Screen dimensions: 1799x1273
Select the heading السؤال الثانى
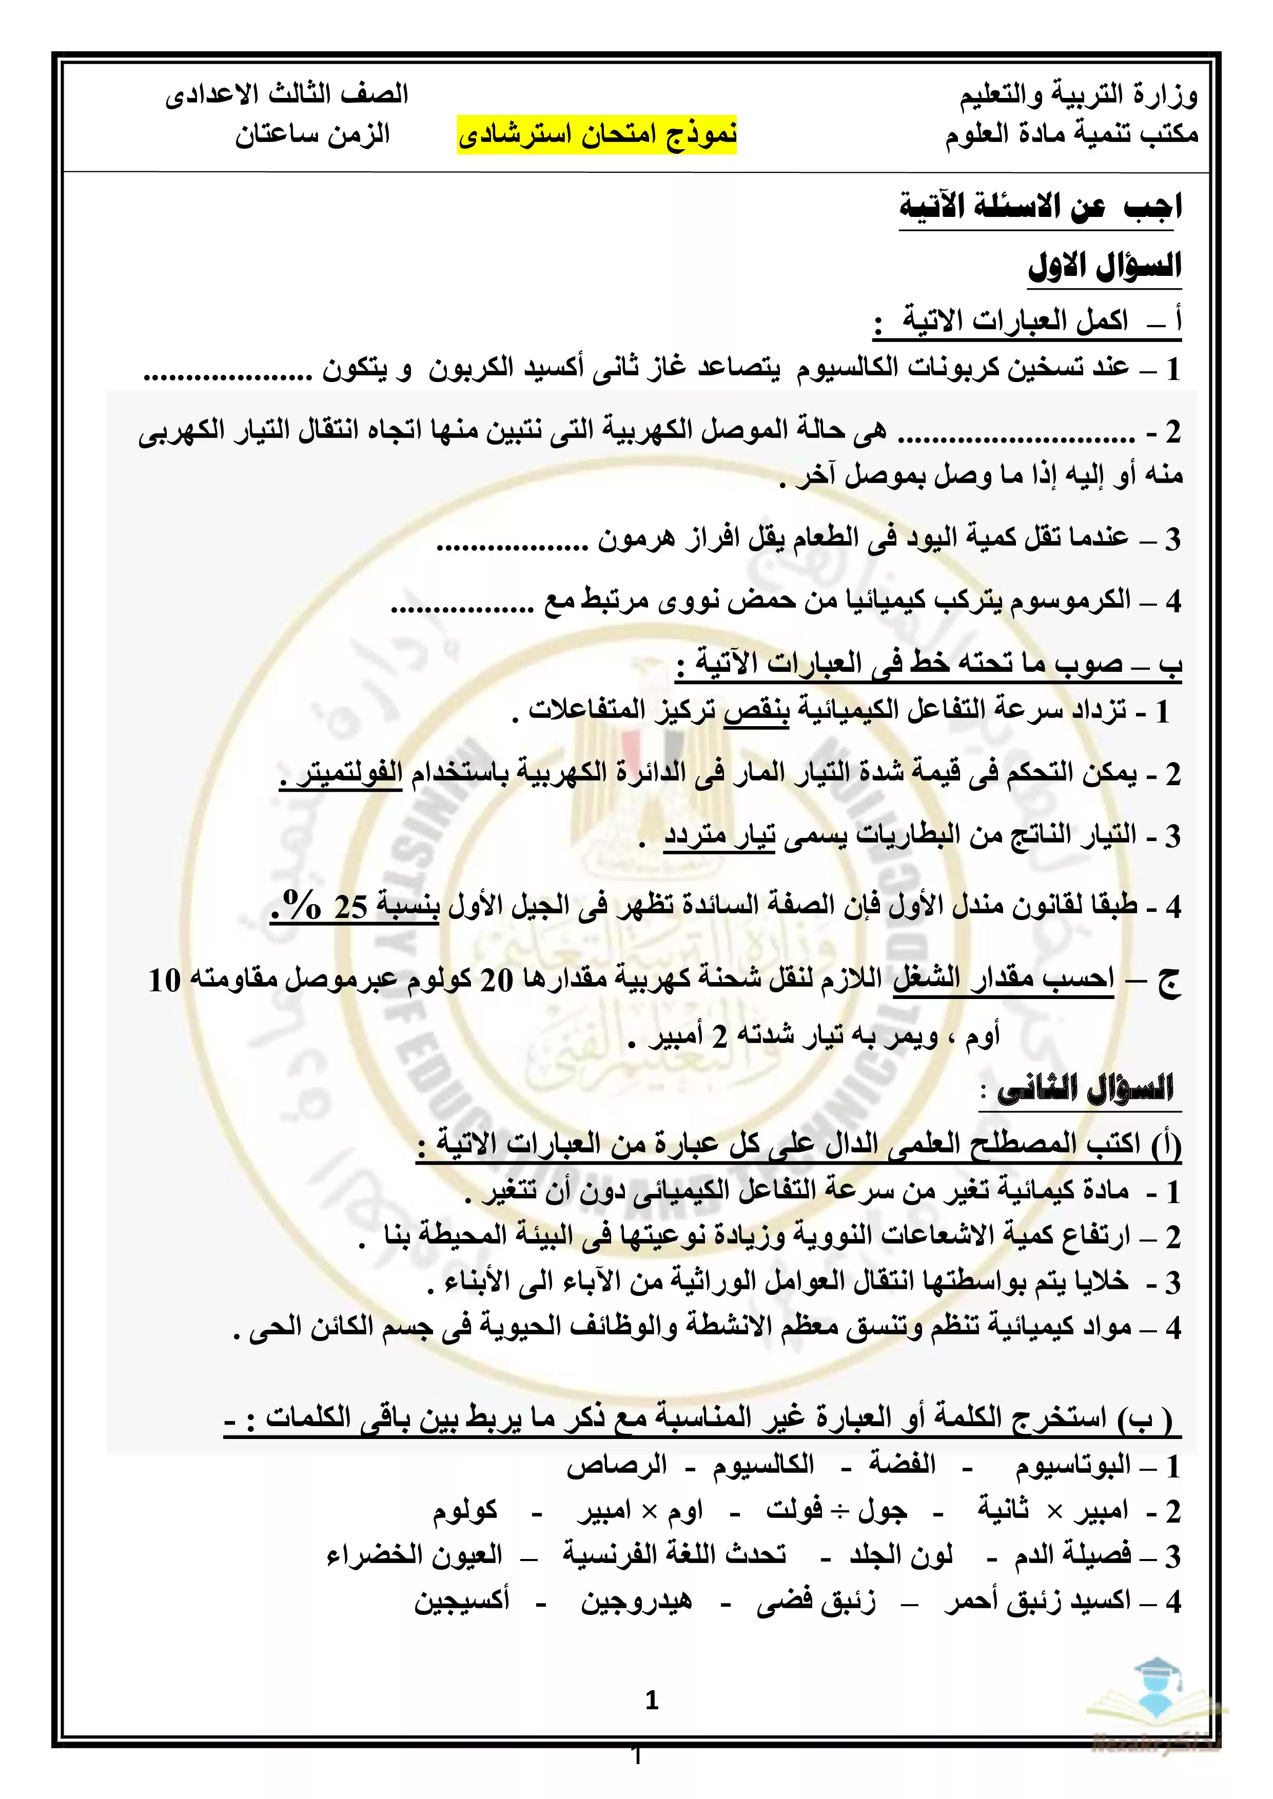point(1086,1089)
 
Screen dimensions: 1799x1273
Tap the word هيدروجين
point(636,1601)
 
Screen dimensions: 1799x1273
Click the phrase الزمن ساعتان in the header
point(312,135)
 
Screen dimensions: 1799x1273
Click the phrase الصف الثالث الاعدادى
point(287,95)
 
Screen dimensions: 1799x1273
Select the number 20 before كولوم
point(496,980)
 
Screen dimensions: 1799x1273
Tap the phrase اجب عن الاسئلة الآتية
point(1040,207)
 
